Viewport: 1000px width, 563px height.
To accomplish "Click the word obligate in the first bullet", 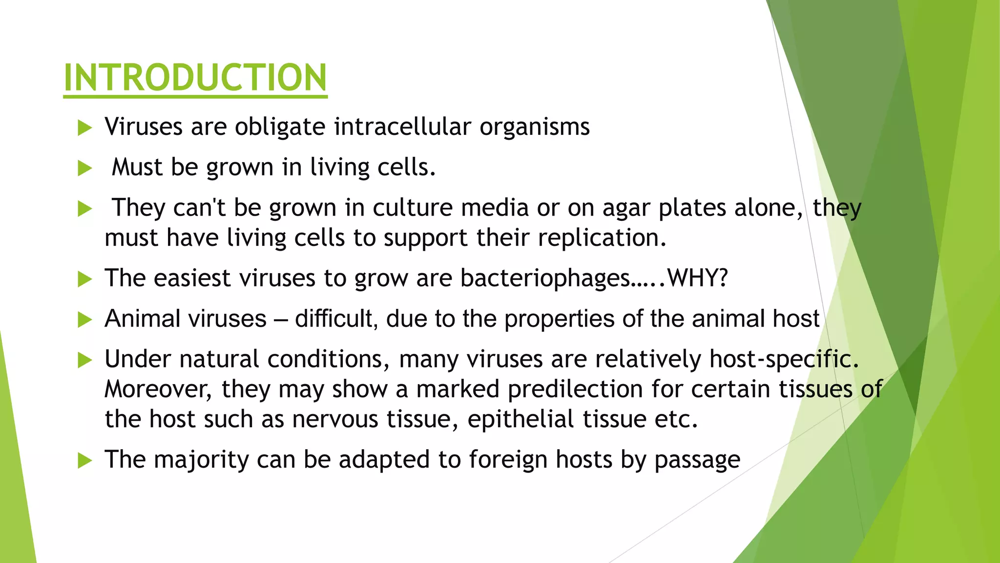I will (x=280, y=127).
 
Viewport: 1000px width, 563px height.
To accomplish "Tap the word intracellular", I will (x=403, y=127).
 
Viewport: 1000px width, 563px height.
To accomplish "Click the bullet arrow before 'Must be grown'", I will (x=84, y=169).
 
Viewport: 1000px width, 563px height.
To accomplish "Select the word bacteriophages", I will (x=544, y=279).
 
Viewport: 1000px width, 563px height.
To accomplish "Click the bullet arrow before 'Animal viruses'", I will (x=84, y=320).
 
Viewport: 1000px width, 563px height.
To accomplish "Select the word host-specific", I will (x=783, y=360).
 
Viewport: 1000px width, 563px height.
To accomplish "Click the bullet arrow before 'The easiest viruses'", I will (x=84, y=280).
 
